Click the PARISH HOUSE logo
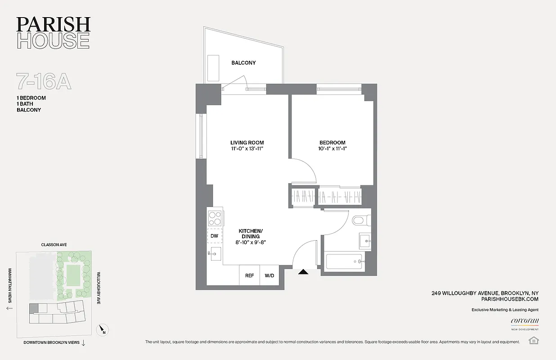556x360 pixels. pos(53,32)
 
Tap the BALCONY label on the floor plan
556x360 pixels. pos(243,63)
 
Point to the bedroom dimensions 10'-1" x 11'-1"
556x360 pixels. pos(333,149)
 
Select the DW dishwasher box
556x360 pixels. pos(215,236)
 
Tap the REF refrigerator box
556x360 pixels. pos(249,275)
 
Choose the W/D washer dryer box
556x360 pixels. pos(269,275)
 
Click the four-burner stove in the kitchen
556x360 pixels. pos(215,218)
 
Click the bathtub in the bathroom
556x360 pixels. pos(344,262)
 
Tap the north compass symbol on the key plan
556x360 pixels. pos(103,330)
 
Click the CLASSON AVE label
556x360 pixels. pos(54,245)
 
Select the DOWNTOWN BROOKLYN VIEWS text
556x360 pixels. pos(51,342)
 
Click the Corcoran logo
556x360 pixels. pos(525,321)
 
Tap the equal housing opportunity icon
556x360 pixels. pos(534,340)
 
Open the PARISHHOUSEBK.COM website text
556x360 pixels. pos(509,299)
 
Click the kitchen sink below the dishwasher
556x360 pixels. pos(215,254)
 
